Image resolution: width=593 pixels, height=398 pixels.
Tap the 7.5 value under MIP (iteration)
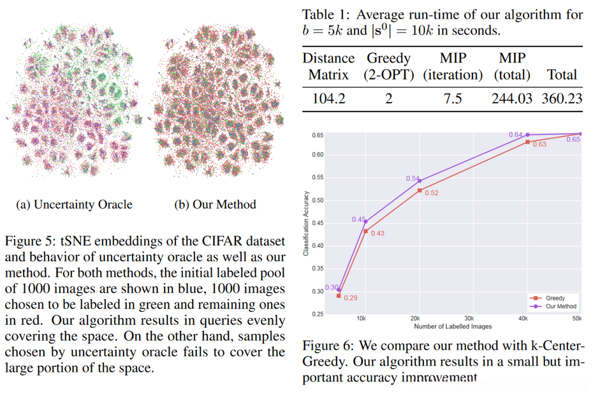[452, 99]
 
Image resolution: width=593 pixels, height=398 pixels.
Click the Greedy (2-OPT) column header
[389, 66]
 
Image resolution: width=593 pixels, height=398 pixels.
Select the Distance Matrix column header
[328, 66]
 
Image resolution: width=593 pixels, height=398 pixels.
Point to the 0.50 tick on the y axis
[317, 200]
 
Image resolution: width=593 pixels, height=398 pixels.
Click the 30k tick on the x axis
[469, 318]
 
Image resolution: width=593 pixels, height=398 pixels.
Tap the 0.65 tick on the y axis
[317, 135]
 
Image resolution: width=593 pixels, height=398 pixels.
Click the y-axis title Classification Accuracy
[306, 223]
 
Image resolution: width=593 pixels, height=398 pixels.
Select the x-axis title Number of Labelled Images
[453, 327]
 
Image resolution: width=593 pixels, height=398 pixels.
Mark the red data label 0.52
[431, 193]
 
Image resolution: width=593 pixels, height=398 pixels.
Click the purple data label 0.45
[359, 219]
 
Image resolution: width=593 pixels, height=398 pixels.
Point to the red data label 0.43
[377, 233]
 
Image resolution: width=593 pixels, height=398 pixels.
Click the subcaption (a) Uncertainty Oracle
[74, 205]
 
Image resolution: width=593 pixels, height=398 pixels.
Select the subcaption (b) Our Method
[215, 205]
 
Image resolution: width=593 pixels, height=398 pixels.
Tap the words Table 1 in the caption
[325, 14]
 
